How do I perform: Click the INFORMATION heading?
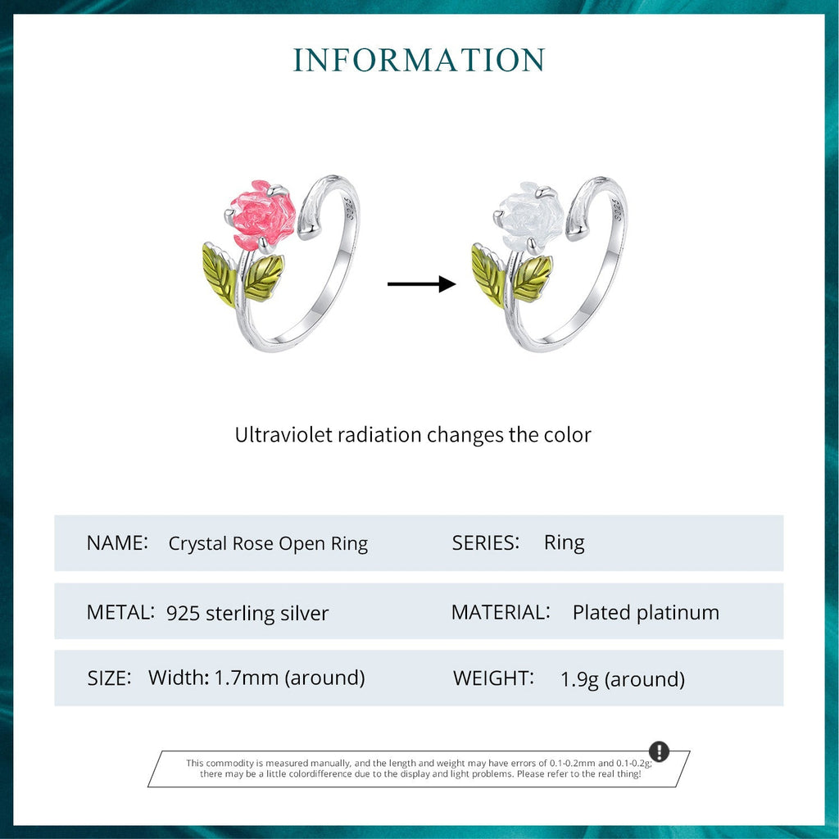click(x=419, y=61)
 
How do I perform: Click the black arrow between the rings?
click(x=421, y=284)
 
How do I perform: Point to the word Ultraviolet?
click(x=283, y=434)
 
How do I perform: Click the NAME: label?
click(x=117, y=542)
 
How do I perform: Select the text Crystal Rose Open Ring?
click(x=268, y=543)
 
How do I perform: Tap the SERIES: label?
click(x=486, y=542)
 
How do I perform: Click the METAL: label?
click(x=120, y=612)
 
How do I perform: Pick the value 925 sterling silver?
click(x=247, y=613)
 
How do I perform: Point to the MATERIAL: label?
click(x=501, y=612)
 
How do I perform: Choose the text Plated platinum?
click(x=646, y=612)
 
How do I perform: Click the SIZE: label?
click(x=109, y=678)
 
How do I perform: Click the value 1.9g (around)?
click(x=623, y=678)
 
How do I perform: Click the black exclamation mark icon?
click(x=659, y=751)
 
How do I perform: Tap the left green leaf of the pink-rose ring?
click(x=219, y=274)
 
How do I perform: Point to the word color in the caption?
click(x=566, y=434)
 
